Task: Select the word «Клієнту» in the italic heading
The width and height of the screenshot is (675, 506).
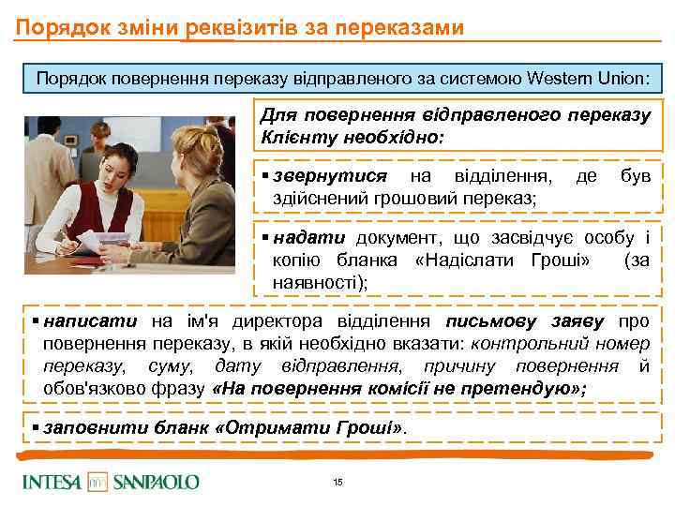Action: (x=296, y=138)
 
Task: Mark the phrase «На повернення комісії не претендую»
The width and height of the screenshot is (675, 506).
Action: (x=398, y=389)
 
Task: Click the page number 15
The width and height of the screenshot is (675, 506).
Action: (x=337, y=482)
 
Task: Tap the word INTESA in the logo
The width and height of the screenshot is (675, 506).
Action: (x=52, y=482)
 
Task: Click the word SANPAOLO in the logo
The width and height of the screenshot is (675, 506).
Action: (x=156, y=482)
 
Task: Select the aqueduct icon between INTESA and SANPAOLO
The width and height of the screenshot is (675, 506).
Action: (x=97, y=482)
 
